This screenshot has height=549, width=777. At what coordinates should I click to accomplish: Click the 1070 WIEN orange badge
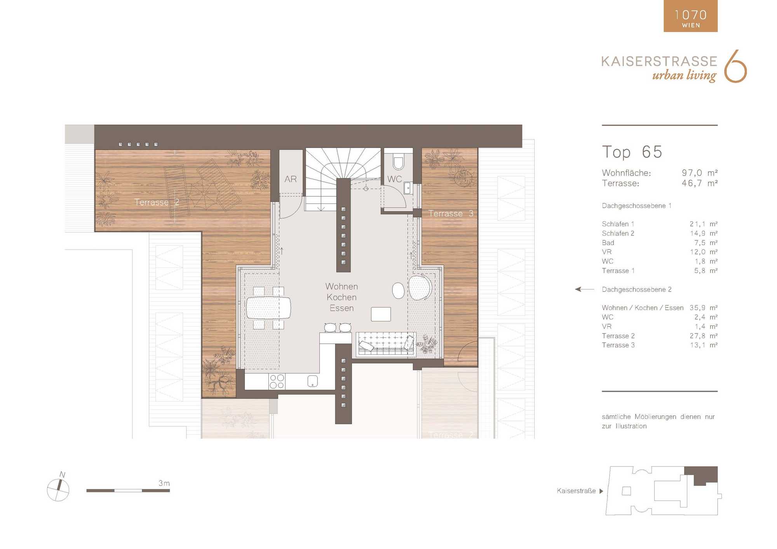[690, 16]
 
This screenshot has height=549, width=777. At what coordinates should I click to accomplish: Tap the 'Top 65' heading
[632, 152]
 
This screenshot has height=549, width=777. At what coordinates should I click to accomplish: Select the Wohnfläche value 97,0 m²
[700, 173]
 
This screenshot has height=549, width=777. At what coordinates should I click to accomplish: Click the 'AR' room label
[290, 179]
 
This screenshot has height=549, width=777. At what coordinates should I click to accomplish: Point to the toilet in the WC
[398, 162]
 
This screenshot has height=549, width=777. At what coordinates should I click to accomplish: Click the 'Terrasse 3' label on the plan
[451, 214]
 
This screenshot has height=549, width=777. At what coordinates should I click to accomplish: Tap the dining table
[268, 308]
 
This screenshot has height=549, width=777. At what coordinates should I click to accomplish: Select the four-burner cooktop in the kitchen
[277, 381]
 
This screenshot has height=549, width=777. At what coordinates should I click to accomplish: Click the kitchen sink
[313, 381]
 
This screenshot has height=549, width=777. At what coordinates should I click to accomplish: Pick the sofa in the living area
[386, 344]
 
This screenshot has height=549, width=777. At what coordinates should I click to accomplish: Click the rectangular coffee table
[381, 314]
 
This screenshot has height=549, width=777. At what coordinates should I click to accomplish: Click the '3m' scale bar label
[164, 483]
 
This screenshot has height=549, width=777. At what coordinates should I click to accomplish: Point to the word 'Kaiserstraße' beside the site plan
[576, 491]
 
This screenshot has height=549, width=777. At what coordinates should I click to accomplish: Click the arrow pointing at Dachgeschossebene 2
[584, 289]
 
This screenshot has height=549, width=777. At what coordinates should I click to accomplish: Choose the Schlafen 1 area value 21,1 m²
[704, 224]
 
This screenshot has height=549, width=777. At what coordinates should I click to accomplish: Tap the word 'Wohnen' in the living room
[341, 287]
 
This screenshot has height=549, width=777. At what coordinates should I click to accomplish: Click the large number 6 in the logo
[735, 66]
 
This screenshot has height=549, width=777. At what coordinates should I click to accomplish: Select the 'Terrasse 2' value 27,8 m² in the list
[704, 336]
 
